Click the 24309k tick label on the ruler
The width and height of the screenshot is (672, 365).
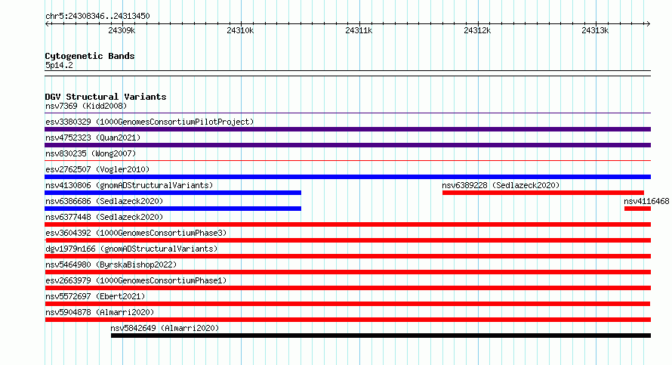point(122,30)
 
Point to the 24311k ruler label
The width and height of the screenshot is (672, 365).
point(359,30)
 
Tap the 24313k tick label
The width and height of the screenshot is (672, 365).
point(595,30)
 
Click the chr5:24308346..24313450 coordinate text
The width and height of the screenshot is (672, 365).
point(97,17)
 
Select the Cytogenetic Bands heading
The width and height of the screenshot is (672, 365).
point(90,56)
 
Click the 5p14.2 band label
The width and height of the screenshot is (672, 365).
point(59,66)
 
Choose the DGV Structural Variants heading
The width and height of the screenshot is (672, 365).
point(106,97)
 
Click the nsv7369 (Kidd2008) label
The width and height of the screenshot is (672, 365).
point(86,107)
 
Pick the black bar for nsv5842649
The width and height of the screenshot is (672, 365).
point(381,336)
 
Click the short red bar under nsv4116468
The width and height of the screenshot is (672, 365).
point(637,209)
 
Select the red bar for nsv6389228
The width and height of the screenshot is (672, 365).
point(543,193)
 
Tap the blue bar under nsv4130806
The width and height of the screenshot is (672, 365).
point(173,193)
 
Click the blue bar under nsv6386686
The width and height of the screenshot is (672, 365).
point(173,209)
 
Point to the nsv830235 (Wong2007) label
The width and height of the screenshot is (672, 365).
point(91,154)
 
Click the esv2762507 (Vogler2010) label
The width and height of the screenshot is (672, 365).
point(97,170)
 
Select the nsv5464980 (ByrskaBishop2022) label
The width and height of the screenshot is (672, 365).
point(111,265)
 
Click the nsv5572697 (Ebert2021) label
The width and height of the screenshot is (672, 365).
point(95,297)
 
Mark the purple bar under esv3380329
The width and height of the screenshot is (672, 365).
point(347,129)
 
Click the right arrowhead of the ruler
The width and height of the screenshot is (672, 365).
point(648,24)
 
